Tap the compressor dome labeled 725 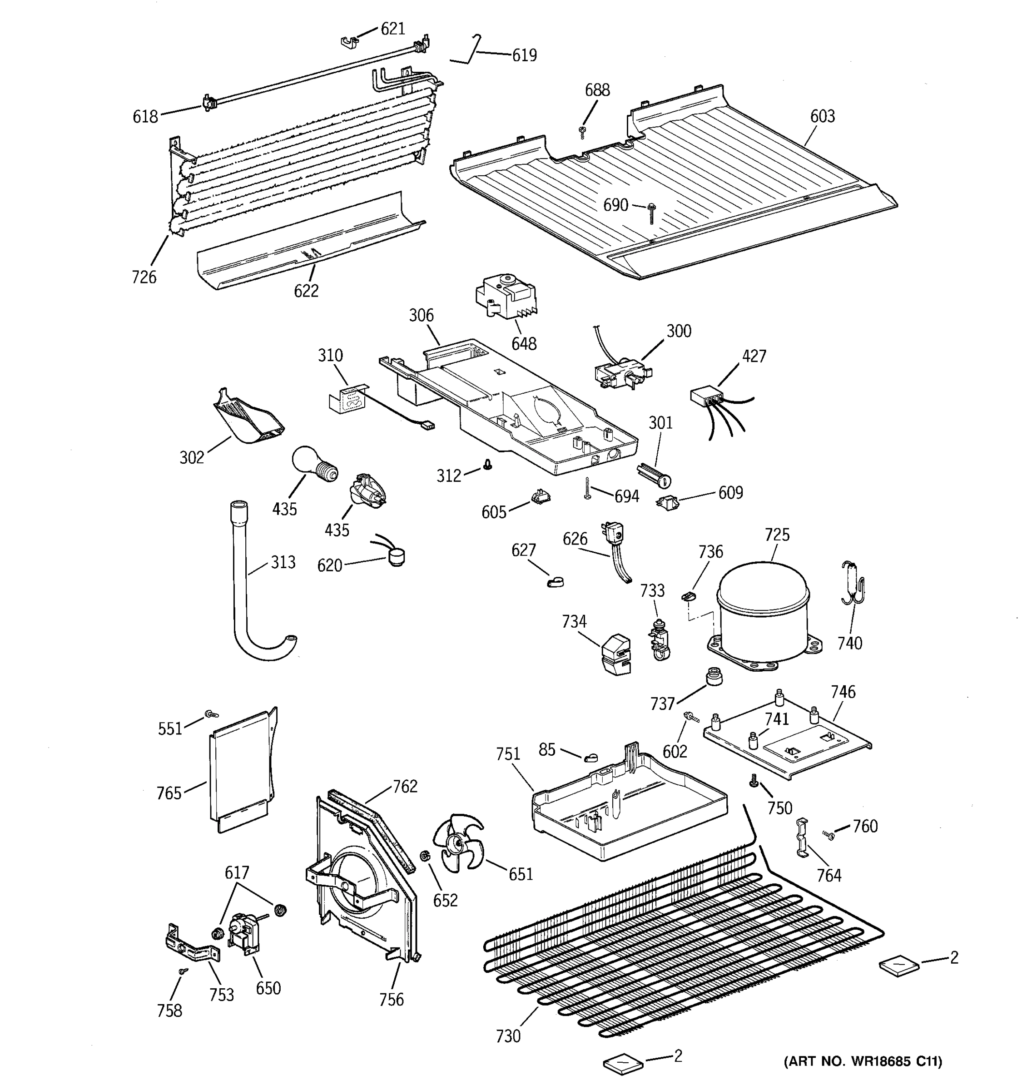tap(763, 606)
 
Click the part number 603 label tap(823, 116)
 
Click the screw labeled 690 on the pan tap(652, 211)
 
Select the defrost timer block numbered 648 tap(505, 297)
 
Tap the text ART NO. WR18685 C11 tap(863, 1061)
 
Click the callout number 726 tap(144, 277)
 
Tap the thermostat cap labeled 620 tap(395, 558)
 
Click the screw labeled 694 tap(588, 487)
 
